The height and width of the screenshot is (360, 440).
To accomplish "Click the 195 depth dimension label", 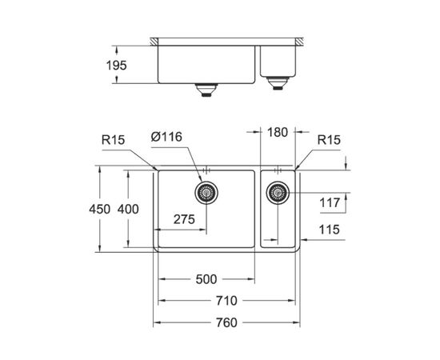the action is click(x=117, y=66).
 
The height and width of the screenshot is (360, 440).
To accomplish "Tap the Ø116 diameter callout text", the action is click(x=166, y=137).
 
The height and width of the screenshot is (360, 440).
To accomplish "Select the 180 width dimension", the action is click(x=278, y=132).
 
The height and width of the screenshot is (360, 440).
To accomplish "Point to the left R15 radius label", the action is click(x=113, y=140).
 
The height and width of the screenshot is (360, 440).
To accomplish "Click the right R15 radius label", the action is click(x=329, y=140).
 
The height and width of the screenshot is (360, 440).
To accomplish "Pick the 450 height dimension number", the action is click(x=100, y=209).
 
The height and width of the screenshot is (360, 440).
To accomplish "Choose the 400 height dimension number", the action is click(x=128, y=209).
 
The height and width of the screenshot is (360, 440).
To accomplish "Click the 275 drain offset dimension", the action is click(x=184, y=219).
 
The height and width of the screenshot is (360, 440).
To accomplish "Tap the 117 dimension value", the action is click(x=330, y=202).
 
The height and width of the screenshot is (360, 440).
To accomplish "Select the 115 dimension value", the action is click(x=329, y=230).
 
